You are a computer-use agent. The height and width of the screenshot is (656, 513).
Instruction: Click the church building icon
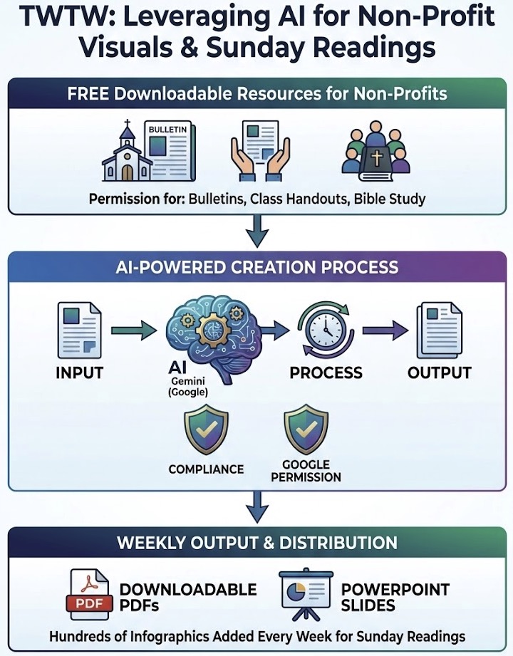tap(126, 153)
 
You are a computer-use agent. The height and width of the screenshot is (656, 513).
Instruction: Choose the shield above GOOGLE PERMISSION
tap(306, 429)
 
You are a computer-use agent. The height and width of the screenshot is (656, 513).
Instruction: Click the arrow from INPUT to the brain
tap(133, 329)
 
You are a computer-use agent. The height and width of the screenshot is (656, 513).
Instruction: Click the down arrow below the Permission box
tap(256, 232)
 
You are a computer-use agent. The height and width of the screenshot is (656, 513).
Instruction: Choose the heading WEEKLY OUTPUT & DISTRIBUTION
tap(256, 543)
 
